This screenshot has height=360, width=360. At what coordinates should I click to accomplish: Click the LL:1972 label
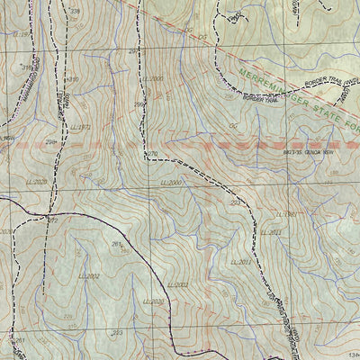[x=81, y=127]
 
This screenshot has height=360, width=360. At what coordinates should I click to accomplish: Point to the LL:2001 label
[x=177, y=285]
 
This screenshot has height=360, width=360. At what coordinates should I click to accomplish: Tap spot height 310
[x=73, y=79]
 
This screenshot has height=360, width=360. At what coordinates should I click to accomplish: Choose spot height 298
[x=52, y=141]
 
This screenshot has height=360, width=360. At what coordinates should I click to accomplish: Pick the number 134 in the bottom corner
[x=347, y=355]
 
